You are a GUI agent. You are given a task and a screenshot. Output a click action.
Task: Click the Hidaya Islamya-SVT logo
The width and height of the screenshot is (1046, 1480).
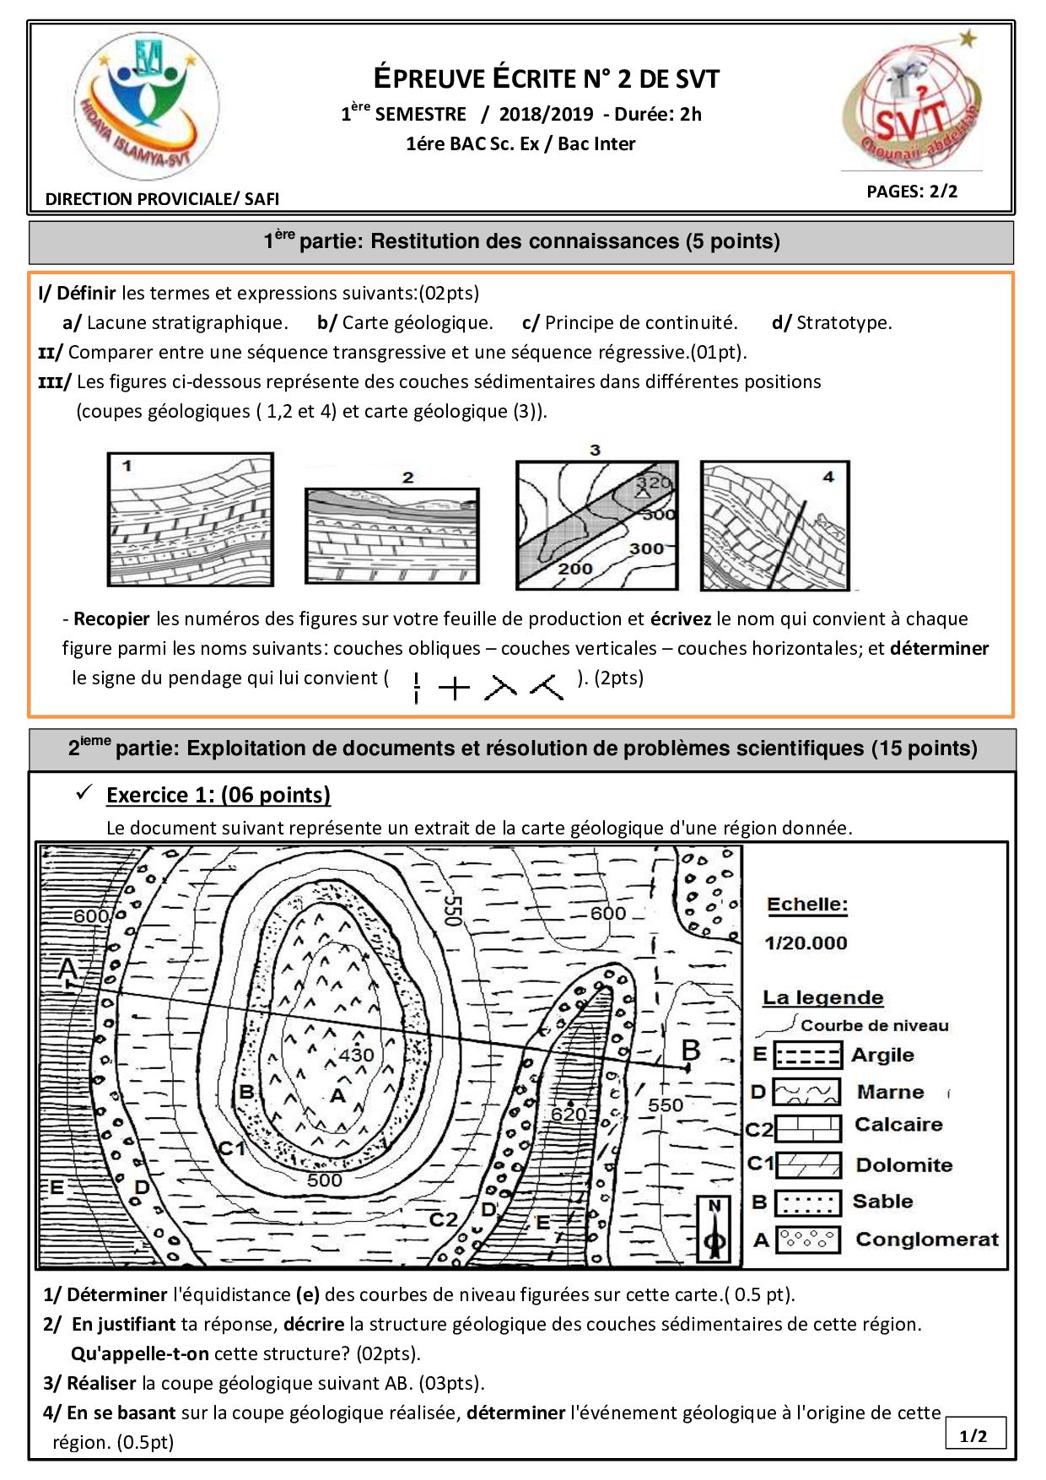(x=147, y=106)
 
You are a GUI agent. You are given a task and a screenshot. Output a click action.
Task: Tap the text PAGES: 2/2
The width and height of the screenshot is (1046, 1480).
(x=912, y=192)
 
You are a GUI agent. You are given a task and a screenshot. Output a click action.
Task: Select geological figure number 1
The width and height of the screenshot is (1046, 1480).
(x=191, y=519)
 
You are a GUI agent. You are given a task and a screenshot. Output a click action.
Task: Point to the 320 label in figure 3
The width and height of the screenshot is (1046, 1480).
(x=654, y=483)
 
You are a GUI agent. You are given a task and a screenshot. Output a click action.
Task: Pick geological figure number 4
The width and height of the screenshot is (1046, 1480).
(x=774, y=525)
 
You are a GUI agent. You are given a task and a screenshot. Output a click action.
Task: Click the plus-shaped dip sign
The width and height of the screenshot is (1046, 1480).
(x=454, y=688)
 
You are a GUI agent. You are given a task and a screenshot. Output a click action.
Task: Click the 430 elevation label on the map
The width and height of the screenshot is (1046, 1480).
(x=356, y=1055)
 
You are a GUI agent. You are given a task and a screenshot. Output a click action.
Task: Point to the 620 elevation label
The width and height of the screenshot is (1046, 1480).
(x=569, y=1114)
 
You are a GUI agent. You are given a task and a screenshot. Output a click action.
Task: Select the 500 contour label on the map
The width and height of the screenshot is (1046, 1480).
(x=324, y=1180)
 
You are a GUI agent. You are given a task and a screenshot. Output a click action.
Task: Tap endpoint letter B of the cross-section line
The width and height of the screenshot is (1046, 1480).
(x=691, y=1051)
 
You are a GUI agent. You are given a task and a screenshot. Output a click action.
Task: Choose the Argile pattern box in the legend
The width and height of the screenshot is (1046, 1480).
(x=807, y=1055)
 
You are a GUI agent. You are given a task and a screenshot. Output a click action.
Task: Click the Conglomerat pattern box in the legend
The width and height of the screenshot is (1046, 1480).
(x=807, y=1239)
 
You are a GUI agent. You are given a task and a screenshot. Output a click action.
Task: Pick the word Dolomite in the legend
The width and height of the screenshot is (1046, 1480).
(x=904, y=1165)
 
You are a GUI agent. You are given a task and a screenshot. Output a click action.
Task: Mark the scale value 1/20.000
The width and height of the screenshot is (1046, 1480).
(x=806, y=943)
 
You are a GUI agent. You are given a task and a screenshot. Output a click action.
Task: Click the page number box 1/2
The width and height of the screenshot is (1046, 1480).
(x=974, y=1435)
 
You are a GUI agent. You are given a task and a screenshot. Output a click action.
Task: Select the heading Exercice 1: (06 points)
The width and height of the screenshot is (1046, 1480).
(x=218, y=795)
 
